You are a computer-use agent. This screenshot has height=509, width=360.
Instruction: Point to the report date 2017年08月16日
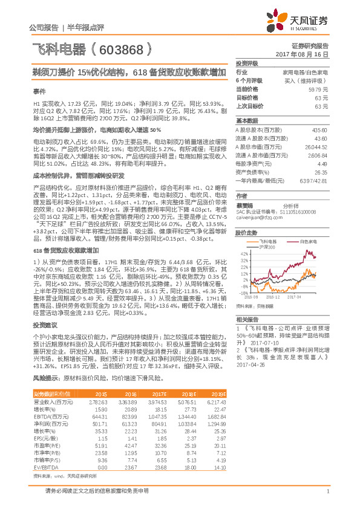point(308,54)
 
